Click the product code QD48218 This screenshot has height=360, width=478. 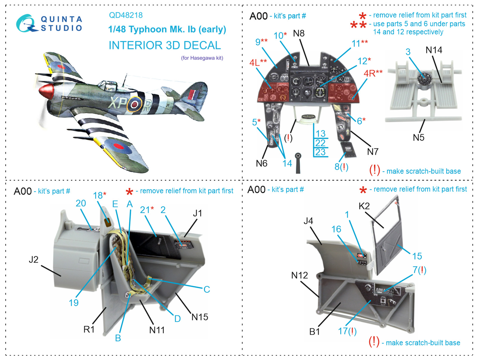[x=125, y=15]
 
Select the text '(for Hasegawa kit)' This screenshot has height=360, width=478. [x=202, y=58]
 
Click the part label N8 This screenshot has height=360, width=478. [x=299, y=33]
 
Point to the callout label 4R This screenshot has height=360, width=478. [x=373, y=73]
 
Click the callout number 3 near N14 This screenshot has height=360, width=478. [x=408, y=52]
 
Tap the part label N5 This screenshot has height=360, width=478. [x=419, y=138]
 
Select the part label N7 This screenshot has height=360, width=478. [x=373, y=152]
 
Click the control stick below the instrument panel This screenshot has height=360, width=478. [x=298, y=163]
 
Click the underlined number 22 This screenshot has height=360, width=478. [x=320, y=143]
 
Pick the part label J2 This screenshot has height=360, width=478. [x=33, y=260]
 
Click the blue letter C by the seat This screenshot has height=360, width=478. [x=207, y=289]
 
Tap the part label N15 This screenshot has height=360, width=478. [x=200, y=317]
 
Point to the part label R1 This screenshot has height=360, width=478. [x=89, y=330]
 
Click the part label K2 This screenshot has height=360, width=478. [x=364, y=206]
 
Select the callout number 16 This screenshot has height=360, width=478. [x=336, y=229]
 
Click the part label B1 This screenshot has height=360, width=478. [x=314, y=332]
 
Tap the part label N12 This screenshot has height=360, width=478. [x=299, y=275]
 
